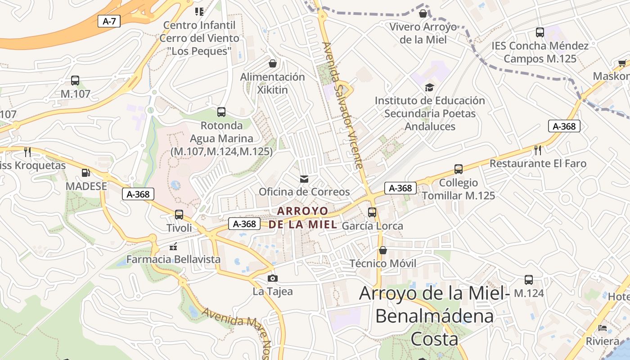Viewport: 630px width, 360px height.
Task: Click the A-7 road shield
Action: pos(109,21)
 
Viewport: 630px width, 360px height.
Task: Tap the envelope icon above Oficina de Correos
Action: pos(304,179)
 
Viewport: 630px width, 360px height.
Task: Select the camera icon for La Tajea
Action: pos(272,278)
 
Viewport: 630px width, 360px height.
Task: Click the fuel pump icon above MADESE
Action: pos(85,172)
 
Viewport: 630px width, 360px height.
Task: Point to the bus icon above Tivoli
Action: pos(179,214)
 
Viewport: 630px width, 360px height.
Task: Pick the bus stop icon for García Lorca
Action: pos(372,212)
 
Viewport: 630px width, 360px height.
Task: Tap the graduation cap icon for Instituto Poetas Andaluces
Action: pos(430,87)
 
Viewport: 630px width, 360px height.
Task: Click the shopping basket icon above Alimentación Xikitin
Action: pos(272,63)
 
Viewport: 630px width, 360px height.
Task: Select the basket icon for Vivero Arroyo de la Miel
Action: pos(423,13)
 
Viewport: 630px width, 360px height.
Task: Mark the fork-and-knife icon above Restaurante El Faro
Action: pos(538,150)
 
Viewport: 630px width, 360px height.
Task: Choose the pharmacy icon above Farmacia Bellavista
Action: pos(173,246)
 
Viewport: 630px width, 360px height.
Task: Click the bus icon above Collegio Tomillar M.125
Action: pos(458,169)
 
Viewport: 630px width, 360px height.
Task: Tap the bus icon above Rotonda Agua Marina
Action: pos(221,112)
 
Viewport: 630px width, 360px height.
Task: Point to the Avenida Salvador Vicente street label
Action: pos(343,106)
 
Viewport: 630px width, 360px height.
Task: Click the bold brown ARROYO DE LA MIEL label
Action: pos(303,217)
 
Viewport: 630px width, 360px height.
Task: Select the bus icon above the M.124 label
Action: pos(529,280)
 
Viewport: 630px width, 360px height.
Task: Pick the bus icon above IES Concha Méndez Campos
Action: pos(540,32)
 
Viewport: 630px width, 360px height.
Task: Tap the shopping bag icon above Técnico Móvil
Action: pos(383,250)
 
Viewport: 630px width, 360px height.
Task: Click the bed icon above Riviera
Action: pos(603,328)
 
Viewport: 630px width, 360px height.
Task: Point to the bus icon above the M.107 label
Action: pos(75,81)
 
